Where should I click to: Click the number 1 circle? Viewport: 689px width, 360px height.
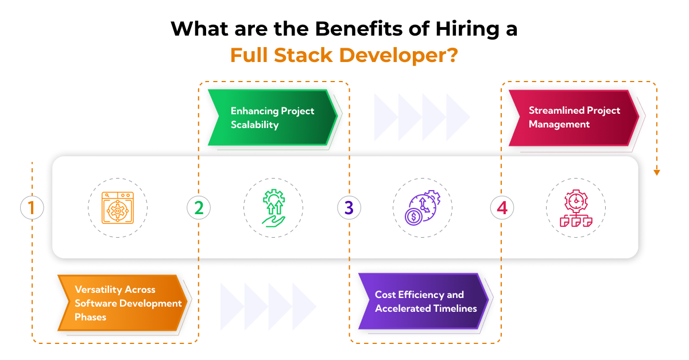[x=32, y=207]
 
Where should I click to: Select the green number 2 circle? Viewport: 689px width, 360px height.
[x=199, y=207]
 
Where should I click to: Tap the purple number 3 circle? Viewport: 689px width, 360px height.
[x=349, y=207]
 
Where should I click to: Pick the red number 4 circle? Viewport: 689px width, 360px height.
[x=502, y=207]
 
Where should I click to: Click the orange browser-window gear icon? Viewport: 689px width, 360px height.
[x=118, y=207]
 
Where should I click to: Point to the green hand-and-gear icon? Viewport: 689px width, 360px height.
[x=273, y=208]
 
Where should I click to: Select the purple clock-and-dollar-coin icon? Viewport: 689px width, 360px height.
[x=423, y=207]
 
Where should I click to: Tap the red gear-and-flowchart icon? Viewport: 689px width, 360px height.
[x=575, y=207]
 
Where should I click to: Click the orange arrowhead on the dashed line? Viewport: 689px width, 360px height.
[x=657, y=172]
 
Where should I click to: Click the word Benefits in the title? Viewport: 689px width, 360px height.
[x=328, y=29]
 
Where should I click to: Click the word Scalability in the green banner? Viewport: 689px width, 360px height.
[x=254, y=125]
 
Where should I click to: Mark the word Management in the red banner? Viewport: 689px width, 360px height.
[x=559, y=124]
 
